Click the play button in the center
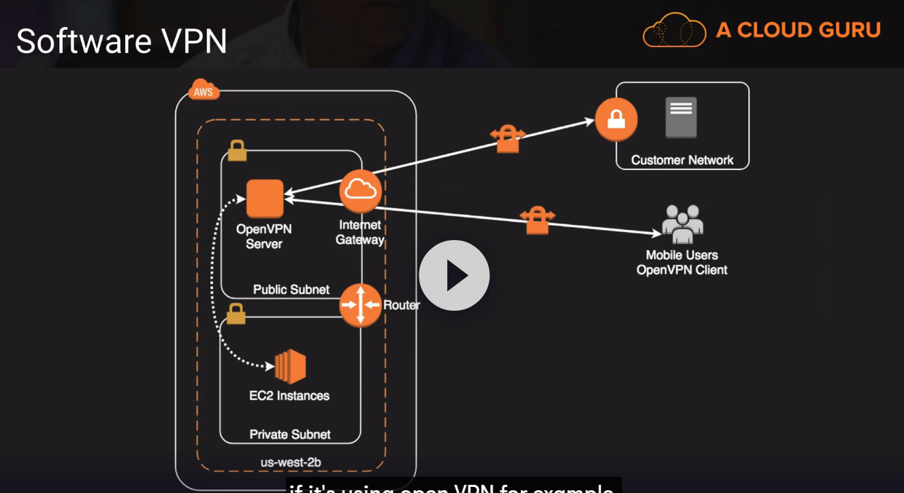pos(454,275)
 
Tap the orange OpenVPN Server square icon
pos(265,199)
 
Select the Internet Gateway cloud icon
pos(361,191)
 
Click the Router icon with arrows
pos(361,305)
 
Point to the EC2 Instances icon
pos(290,367)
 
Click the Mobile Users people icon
pos(682,224)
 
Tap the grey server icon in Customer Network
pos(681,117)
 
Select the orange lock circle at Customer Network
pos(616,120)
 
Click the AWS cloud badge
pos(204,91)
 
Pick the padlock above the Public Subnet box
pos(237,150)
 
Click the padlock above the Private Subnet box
pos(236,313)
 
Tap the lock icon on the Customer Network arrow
pos(508,138)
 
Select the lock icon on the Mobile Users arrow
pos(537,220)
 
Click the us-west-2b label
pos(291,462)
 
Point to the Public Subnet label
pos(291,290)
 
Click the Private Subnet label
pos(290,435)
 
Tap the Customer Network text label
pos(682,160)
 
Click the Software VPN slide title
pos(122,41)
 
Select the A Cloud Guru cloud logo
pos(675,30)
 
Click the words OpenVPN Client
pos(682,270)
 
